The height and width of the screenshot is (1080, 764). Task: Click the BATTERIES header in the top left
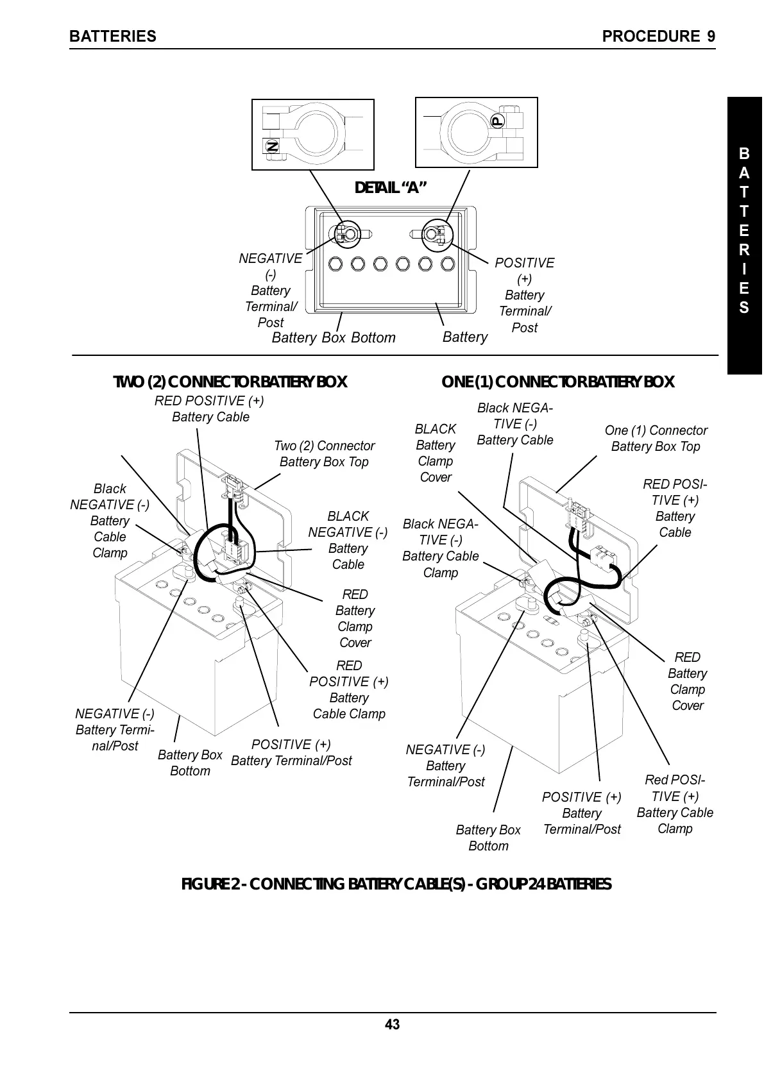[112, 37]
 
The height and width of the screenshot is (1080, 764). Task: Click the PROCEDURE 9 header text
[658, 37]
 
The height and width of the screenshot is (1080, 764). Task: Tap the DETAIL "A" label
[391, 187]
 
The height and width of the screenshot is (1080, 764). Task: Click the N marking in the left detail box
[272, 146]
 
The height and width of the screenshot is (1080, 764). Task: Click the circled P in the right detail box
[498, 121]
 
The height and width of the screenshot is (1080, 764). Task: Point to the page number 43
[392, 1024]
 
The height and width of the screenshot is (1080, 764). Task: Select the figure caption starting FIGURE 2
[396, 884]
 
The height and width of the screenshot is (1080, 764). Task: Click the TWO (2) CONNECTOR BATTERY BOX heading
[230, 382]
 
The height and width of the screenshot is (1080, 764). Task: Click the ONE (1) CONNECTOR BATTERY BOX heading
[557, 382]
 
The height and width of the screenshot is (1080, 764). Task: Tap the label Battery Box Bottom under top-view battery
[334, 338]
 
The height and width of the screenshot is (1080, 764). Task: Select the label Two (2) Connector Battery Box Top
[324, 453]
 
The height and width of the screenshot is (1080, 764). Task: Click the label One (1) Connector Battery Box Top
[656, 438]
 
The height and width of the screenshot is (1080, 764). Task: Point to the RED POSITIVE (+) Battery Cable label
[210, 409]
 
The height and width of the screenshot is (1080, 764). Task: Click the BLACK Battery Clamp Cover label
[436, 453]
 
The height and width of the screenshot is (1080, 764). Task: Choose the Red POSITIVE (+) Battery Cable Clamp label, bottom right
[674, 804]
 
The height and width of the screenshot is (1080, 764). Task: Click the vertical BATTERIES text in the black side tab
[743, 231]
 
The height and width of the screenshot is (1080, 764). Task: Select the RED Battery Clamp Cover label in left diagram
[355, 618]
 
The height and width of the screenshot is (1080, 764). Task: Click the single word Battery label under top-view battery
[465, 337]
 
